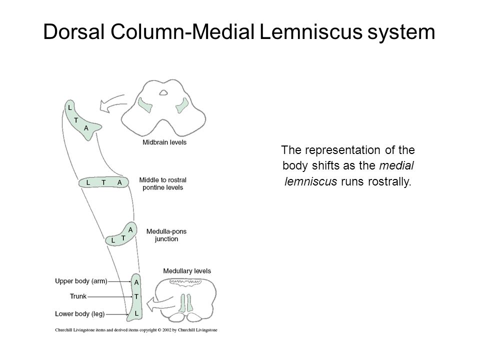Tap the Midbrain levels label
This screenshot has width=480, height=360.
pos(164,142)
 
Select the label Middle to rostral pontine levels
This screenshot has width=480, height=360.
pos(162,183)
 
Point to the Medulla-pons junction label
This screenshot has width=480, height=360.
pos(166,235)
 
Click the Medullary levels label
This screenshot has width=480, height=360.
pos(186,271)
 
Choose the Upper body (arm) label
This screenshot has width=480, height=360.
pos(81,281)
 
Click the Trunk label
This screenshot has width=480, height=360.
pos(78,296)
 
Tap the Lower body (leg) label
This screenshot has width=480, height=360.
pos(80,314)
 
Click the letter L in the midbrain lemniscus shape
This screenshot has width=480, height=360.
pos(70,108)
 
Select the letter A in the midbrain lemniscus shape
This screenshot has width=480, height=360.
pos(86,128)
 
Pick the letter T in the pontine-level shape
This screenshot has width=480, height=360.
pos(103,183)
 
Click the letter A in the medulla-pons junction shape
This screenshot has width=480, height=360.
pos(130,230)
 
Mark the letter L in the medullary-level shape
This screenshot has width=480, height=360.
pos(136,314)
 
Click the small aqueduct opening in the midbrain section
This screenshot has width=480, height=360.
pos(163,92)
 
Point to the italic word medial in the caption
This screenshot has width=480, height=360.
pos(396,165)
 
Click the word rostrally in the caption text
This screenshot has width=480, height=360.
pos(389,182)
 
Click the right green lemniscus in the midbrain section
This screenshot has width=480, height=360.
pos(183,105)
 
